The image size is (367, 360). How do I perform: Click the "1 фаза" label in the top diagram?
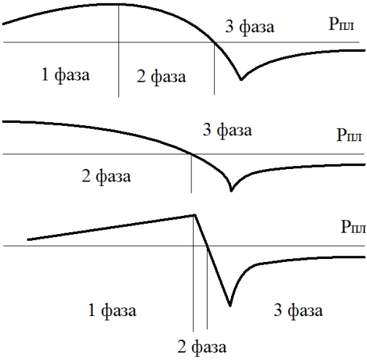pos(66,75)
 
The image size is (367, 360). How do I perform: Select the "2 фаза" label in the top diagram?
pos(162,77)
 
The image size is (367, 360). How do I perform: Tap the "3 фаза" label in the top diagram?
pos(250,27)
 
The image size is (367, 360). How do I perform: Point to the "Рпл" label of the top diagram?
pos(341,24)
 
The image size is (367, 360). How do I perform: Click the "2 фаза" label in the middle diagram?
pos(106,176)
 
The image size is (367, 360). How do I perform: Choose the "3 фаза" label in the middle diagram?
pos(227,130)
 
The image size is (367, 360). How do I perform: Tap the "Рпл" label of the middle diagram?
pos(349,135)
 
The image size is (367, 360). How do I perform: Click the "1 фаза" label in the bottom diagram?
pos(112,310)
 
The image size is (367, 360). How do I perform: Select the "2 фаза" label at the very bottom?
pos(202,347)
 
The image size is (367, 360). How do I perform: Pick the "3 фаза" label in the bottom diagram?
pos(298,310)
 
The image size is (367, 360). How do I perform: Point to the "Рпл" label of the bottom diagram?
pos(353,227)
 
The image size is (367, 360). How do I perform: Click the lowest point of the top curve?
pos(241,80)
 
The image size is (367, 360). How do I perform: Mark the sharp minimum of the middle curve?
pos(231,190)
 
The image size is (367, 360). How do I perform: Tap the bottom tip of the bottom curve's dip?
pos(230,305)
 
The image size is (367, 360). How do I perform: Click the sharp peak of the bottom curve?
pos(195,215)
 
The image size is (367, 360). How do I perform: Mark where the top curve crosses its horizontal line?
pos(215,42)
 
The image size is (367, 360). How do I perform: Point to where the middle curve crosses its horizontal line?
pos(192,154)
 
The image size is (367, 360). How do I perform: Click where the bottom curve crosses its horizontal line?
pos(208,246)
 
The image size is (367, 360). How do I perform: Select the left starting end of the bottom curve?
pos(28,240)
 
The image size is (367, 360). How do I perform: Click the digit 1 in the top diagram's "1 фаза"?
pos(45,75)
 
